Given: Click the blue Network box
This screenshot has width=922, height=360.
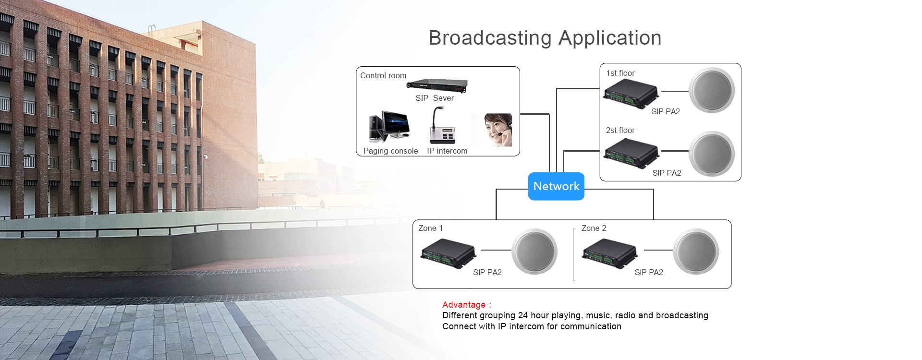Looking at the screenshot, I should click(556, 186).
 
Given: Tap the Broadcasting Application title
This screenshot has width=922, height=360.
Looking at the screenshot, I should click(545, 38).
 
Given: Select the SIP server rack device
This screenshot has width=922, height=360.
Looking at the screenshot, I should click(437, 86).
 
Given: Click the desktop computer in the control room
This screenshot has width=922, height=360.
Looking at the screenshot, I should click(389, 127).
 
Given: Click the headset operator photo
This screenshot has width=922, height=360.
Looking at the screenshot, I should click(492, 130).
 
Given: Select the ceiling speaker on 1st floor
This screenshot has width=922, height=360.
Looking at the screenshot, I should click(712, 90).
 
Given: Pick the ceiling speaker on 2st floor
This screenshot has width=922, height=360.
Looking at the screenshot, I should click(712, 154).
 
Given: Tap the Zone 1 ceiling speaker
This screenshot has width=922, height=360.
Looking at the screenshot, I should click(534, 252).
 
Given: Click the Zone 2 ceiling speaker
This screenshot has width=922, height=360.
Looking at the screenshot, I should click(696, 252).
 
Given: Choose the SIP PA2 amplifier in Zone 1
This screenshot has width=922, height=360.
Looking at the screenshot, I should click(448, 253).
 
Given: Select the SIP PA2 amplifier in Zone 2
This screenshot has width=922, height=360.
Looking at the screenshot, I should click(609, 253).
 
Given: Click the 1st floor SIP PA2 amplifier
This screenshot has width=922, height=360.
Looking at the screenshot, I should click(631, 94).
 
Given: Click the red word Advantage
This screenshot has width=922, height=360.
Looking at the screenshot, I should click(464, 305).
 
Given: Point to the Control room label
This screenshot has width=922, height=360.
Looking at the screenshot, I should click(383, 75).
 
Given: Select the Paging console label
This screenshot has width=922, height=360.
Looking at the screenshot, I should click(390, 151).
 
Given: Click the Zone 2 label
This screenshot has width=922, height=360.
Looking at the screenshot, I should click(594, 228).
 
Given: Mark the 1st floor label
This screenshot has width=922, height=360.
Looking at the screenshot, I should click(620, 73).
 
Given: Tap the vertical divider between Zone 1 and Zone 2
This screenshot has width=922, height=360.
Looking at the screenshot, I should click(573, 254).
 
